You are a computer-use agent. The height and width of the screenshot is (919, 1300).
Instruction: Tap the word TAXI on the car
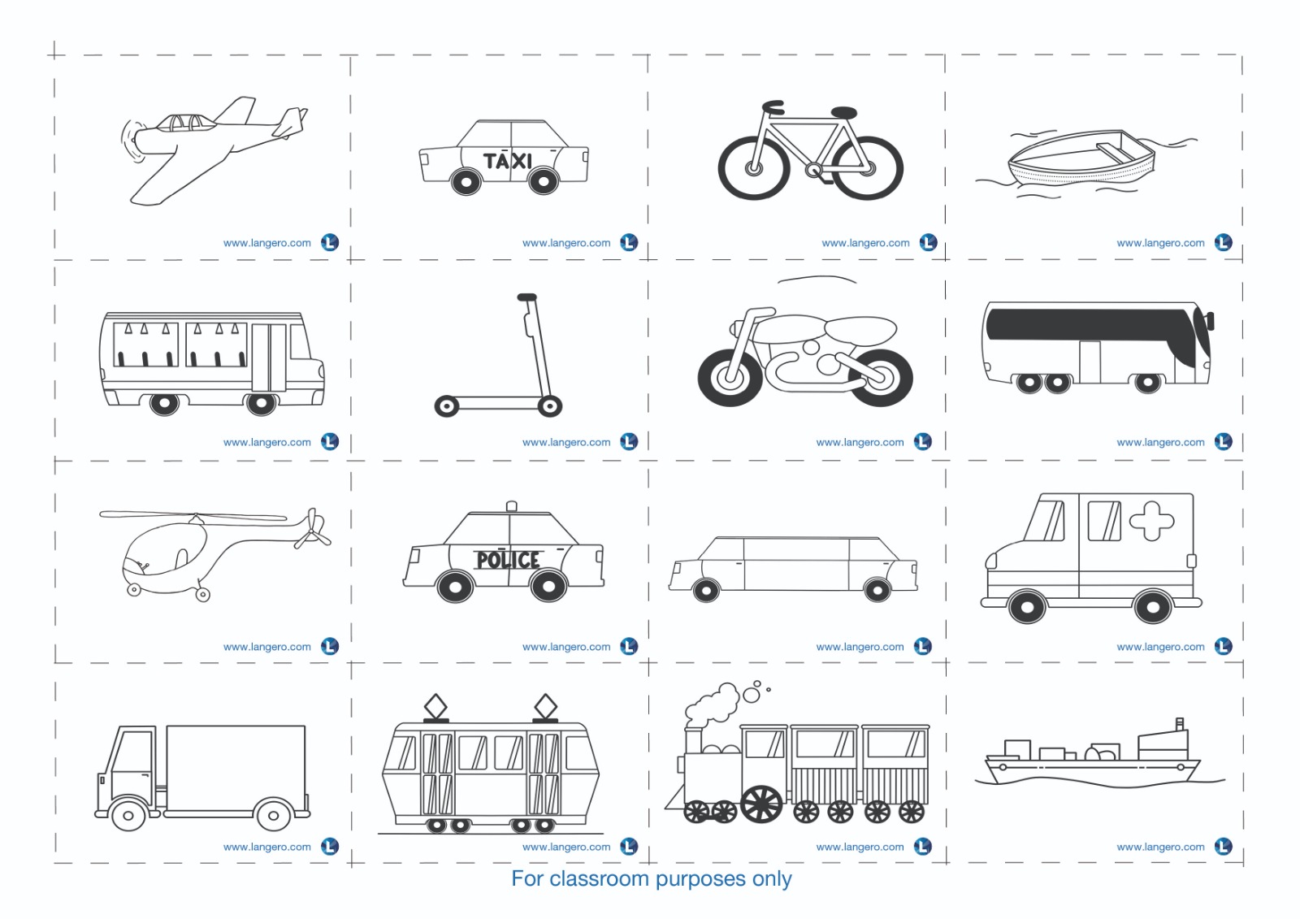507,160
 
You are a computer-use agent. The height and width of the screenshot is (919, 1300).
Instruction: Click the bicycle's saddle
843,112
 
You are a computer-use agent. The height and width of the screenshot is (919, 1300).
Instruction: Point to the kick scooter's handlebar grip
527,297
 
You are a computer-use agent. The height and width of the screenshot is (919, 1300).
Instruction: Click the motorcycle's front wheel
730,378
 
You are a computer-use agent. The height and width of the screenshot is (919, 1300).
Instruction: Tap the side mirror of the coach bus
1211,321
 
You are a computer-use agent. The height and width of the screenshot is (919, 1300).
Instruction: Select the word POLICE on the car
508,560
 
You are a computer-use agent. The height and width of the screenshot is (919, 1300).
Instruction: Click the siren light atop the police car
511,506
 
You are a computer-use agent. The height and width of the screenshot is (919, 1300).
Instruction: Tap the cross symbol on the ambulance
1151,521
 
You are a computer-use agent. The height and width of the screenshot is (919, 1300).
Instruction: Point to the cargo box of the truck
236,768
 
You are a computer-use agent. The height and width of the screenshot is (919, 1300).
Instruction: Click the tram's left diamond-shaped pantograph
435,707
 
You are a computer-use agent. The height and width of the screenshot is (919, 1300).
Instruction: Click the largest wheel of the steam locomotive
761,804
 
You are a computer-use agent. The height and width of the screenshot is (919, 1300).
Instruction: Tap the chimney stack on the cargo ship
1179,725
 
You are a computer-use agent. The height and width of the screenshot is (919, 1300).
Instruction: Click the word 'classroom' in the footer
600,878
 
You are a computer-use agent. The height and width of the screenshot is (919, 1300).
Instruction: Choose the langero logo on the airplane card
330,242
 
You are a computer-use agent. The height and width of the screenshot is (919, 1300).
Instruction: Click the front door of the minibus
269,358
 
